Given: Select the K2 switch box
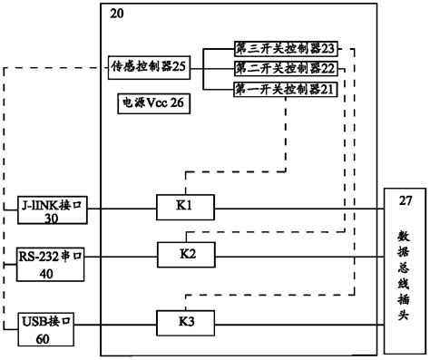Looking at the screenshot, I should [x=187, y=254].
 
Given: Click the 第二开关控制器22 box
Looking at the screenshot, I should [x=272, y=68].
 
